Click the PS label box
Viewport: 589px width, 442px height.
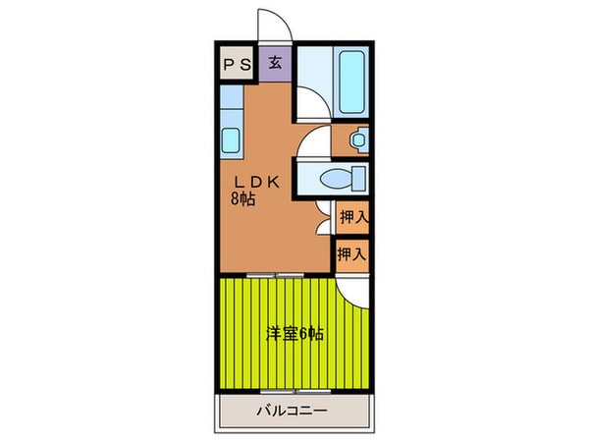(x=237, y=64)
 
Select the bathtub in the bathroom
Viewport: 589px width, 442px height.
(x=351, y=81)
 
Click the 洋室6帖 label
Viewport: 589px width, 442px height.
(x=294, y=334)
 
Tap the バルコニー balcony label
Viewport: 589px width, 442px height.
(x=293, y=411)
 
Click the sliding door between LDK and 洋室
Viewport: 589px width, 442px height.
(x=277, y=275)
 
